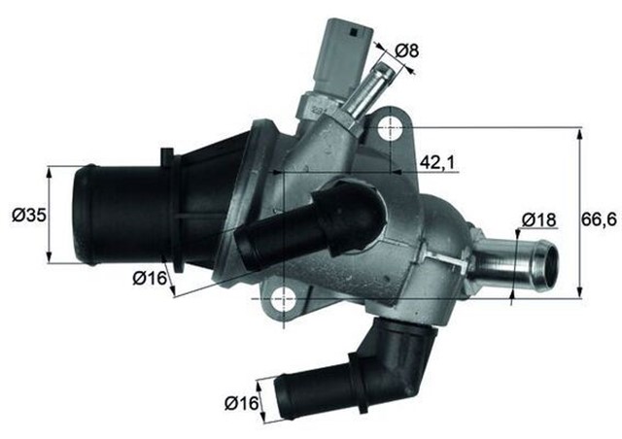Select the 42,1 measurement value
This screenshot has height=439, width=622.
click(x=438, y=161)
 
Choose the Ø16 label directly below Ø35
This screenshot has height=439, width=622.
click(x=151, y=279)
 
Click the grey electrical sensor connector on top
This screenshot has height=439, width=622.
click(x=342, y=52)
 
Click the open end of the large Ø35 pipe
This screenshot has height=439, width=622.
click(x=86, y=216)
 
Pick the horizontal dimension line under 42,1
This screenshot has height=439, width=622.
click(x=369, y=174)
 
